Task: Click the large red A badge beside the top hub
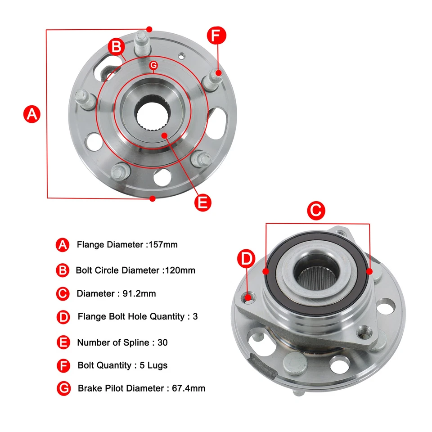tap(31, 114)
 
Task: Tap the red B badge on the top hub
tap(116, 46)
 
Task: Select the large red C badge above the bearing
tap(316, 210)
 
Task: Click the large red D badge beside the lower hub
tap(246, 259)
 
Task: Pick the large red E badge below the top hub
tap(203, 202)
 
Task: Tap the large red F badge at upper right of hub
tap(216, 36)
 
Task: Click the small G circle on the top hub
tap(153, 65)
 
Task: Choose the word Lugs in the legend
tap(157, 365)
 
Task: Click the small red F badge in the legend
tap(63, 365)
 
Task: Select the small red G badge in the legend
tap(64, 388)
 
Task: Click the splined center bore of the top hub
tap(152, 115)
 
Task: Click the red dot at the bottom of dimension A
tap(153, 198)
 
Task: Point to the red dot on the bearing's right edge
tap(369, 271)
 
